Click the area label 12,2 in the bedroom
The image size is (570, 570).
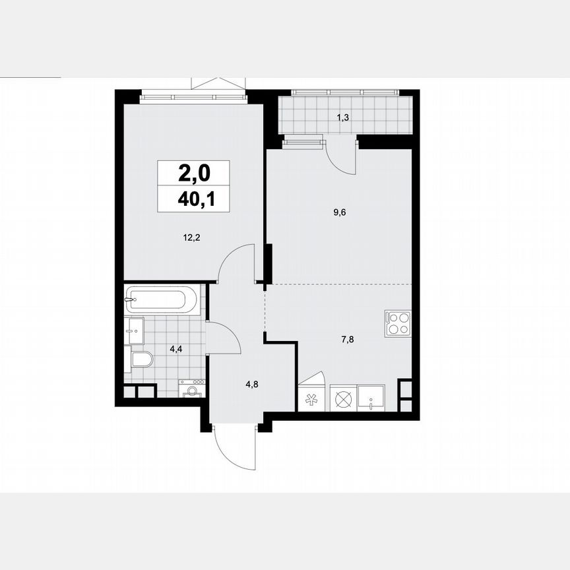pyautogui.click(x=191, y=239)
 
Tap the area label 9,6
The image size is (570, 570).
pyautogui.click(x=340, y=212)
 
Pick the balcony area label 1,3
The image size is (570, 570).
pyautogui.click(x=343, y=117)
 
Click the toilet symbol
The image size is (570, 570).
pyautogui.click(x=141, y=360)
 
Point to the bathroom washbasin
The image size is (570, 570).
pyautogui.click(x=135, y=331)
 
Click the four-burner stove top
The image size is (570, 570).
pyautogui.click(x=398, y=324)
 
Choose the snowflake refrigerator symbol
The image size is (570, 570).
pyautogui.click(x=312, y=400)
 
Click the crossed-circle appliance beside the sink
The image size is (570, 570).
pyautogui.click(x=343, y=399)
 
